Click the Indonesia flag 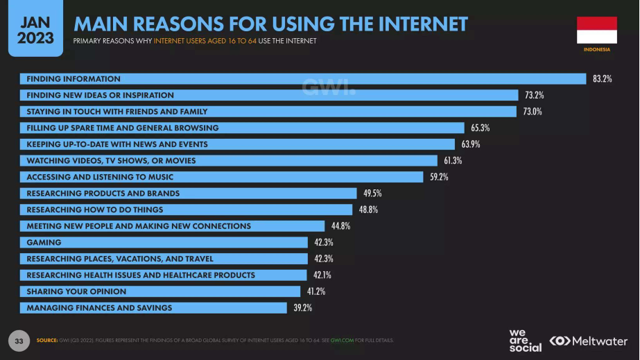pyautogui.click(x=596, y=30)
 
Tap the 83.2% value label pyautogui.click(x=602, y=79)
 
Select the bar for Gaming pyautogui.click(x=166, y=242)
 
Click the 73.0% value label pyautogui.click(x=533, y=112)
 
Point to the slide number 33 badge pyautogui.click(x=19, y=341)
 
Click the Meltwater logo pyautogui.click(x=589, y=341)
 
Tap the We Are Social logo pyautogui.click(x=525, y=340)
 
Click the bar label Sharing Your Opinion pyautogui.click(x=76, y=291)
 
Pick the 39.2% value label pyautogui.click(x=302, y=308)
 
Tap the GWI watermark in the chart pyautogui.click(x=329, y=87)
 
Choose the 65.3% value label pyautogui.click(x=480, y=128)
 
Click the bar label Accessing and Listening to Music pyautogui.click(x=100, y=177)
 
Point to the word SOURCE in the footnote pyautogui.click(x=46, y=341)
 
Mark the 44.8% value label pyautogui.click(x=340, y=226)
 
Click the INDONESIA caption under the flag pyautogui.click(x=596, y=50)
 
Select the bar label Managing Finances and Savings pyautogui.click(x=99, y=307)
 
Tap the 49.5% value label pyautogui.click(x=372, y=194)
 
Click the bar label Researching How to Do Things pyautogui.click(x=95, y=209)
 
